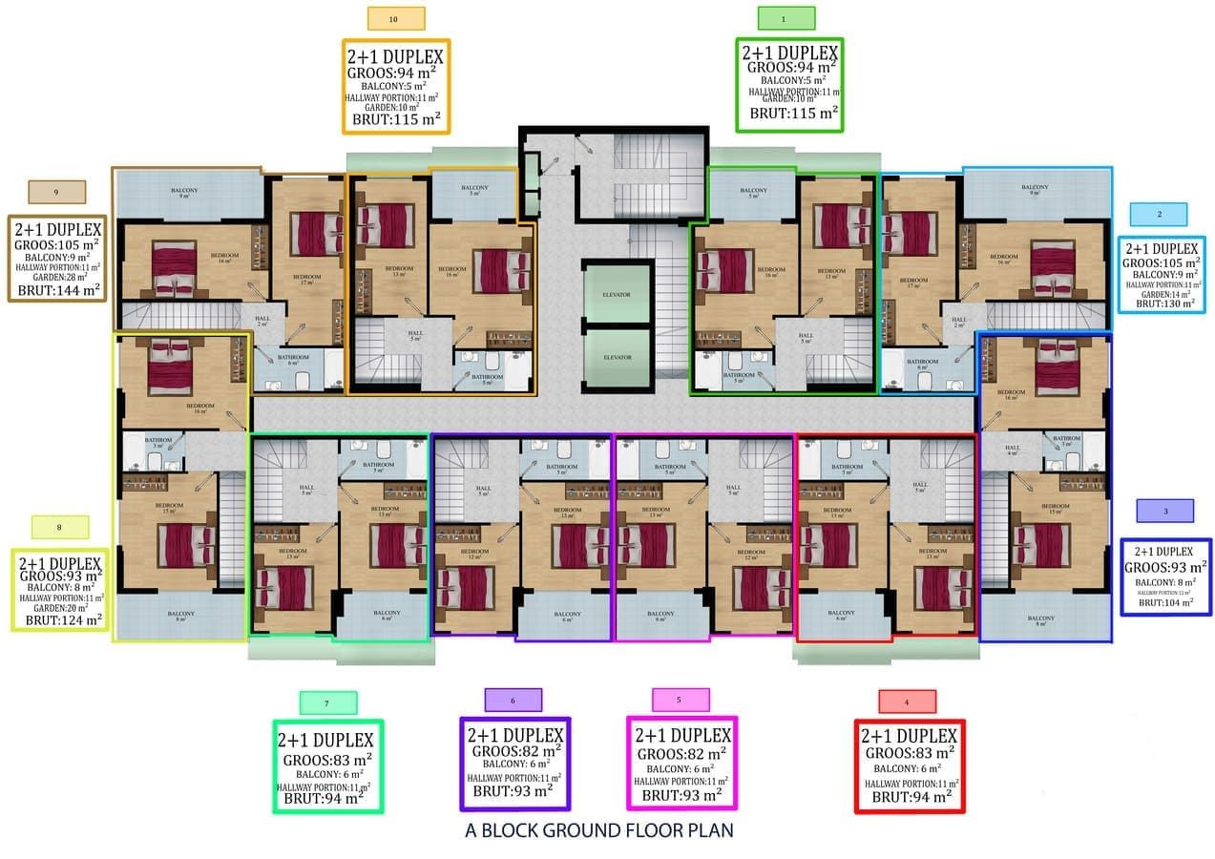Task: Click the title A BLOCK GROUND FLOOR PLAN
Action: pyautogui.click(x=599, y=829)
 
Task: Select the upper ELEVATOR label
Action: pyautogui.click(x=617, y=295)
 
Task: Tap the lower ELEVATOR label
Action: pyautogui.click(x=617, y=357)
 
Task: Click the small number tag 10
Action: pyautogui.click(x=396, y=18)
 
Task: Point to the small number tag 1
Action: pyautogui.click(x=786, y=18)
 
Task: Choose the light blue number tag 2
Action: pyautogui.click(x=1158, y=214)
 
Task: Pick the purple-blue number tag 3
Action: pyautogui.click(x=1164, y=512)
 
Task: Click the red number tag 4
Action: pyautogui.click(x=907, y=702)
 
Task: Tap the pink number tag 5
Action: pyautogui.click(x=680, y=700)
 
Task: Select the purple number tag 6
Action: pyautogui.click(x=513, y=701)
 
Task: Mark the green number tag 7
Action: pyautogui.click(x=327, y=703)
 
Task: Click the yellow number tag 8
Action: pyautogui.click(x=59, y=527)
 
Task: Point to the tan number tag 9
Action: pyautogui.click(x=56, y=192)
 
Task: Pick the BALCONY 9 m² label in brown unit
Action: pyautogui.click(x=185, y=192)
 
